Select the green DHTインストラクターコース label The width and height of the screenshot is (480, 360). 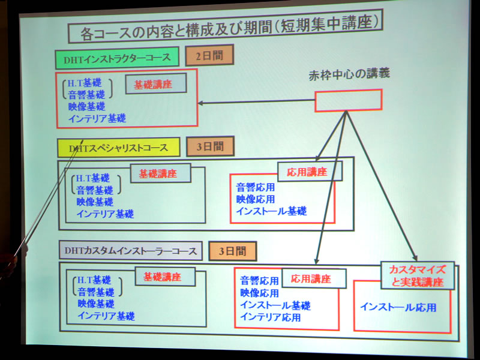coord(117,58)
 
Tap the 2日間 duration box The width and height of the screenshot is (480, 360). coord(209,55)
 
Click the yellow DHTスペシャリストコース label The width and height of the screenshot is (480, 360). coord(119,148)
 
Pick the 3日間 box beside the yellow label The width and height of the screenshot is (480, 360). coord(211,146)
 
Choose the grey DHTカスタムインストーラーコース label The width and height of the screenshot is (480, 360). coord(131,251)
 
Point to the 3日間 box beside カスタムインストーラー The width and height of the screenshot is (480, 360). coord(233,251)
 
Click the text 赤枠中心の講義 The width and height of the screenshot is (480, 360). coord(349,74)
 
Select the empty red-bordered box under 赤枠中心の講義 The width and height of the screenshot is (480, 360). coord(349,100)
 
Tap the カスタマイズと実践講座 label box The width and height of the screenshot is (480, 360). coord(418,275)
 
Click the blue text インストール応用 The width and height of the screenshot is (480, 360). coord(398,307)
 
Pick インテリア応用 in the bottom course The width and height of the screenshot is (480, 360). coord(271,317)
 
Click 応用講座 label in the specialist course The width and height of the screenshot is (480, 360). coord(310,172)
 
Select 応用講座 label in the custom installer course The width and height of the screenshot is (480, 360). coord(314,278)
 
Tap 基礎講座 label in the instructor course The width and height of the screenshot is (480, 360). coord(156,84)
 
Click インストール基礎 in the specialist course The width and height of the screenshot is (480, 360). coord(272,211)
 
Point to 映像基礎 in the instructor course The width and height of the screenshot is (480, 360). coord(87,107)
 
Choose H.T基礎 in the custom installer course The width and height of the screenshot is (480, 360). coord(94,280)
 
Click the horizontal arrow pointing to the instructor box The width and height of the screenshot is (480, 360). coord(257,101)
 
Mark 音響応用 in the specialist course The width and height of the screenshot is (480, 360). coord(256,187)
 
